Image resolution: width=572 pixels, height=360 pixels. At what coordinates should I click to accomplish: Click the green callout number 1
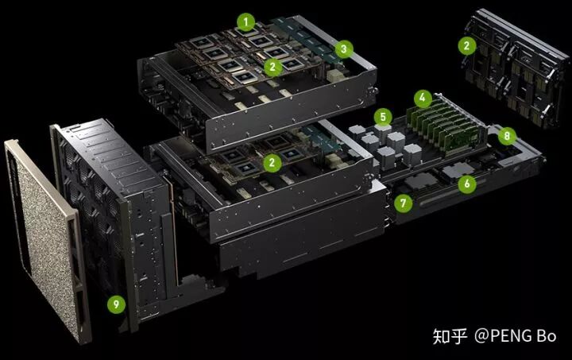tap(245, 22)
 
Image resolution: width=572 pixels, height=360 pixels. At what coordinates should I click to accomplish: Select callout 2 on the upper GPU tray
tap(272, 67)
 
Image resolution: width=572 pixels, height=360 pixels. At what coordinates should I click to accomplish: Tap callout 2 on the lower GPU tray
tap(272, 163)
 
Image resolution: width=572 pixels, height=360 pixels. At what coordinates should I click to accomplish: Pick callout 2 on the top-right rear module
tap(467, 46)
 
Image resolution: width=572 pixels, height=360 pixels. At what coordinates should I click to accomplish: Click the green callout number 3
tap(344, 49)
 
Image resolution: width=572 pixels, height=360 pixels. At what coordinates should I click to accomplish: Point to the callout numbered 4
tap(423, 98)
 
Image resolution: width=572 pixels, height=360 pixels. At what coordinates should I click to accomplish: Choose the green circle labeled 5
tap(383, 117)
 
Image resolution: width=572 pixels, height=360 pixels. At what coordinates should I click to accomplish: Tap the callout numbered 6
tap(467, 184)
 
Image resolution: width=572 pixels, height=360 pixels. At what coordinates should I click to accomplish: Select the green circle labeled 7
tap(403, 203)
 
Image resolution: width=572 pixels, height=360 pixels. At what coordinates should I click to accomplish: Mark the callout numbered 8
tap(507, 136)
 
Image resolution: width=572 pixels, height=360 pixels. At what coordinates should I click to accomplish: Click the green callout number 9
tap(116, 304)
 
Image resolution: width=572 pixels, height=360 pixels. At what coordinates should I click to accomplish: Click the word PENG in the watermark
tap(512, 336)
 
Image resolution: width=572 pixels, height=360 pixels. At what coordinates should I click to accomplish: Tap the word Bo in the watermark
tap(547, 336)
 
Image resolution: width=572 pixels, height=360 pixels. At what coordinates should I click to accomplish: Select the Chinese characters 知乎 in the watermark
tap(450, 336)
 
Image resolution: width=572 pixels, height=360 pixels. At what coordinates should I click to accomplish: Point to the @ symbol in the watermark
tap(483, 336)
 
